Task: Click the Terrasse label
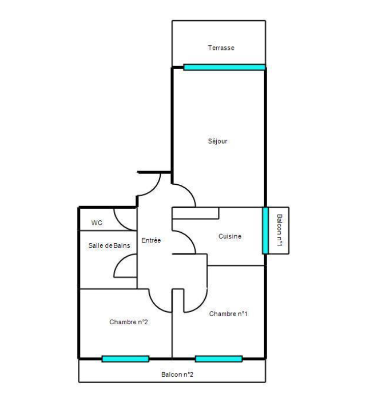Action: [221, 48]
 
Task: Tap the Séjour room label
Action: [218, 141]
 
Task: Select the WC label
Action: [97, 223]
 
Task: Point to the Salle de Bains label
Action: [109, 245]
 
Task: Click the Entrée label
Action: [151, 240]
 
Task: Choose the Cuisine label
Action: [230, 236]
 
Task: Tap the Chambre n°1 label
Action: [228, 314]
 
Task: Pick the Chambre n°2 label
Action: [129, 322]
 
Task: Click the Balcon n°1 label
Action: [279, 230]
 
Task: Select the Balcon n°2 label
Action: [177, 375]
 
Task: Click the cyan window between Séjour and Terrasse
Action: [224, 67]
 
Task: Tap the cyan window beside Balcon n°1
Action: [265, 231]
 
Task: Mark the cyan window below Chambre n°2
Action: [125, 359]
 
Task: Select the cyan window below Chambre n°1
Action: [219, 359]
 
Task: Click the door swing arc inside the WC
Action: [121, 223]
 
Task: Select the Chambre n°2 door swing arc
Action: [156, 305]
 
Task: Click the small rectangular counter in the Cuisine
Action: [195, 213]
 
